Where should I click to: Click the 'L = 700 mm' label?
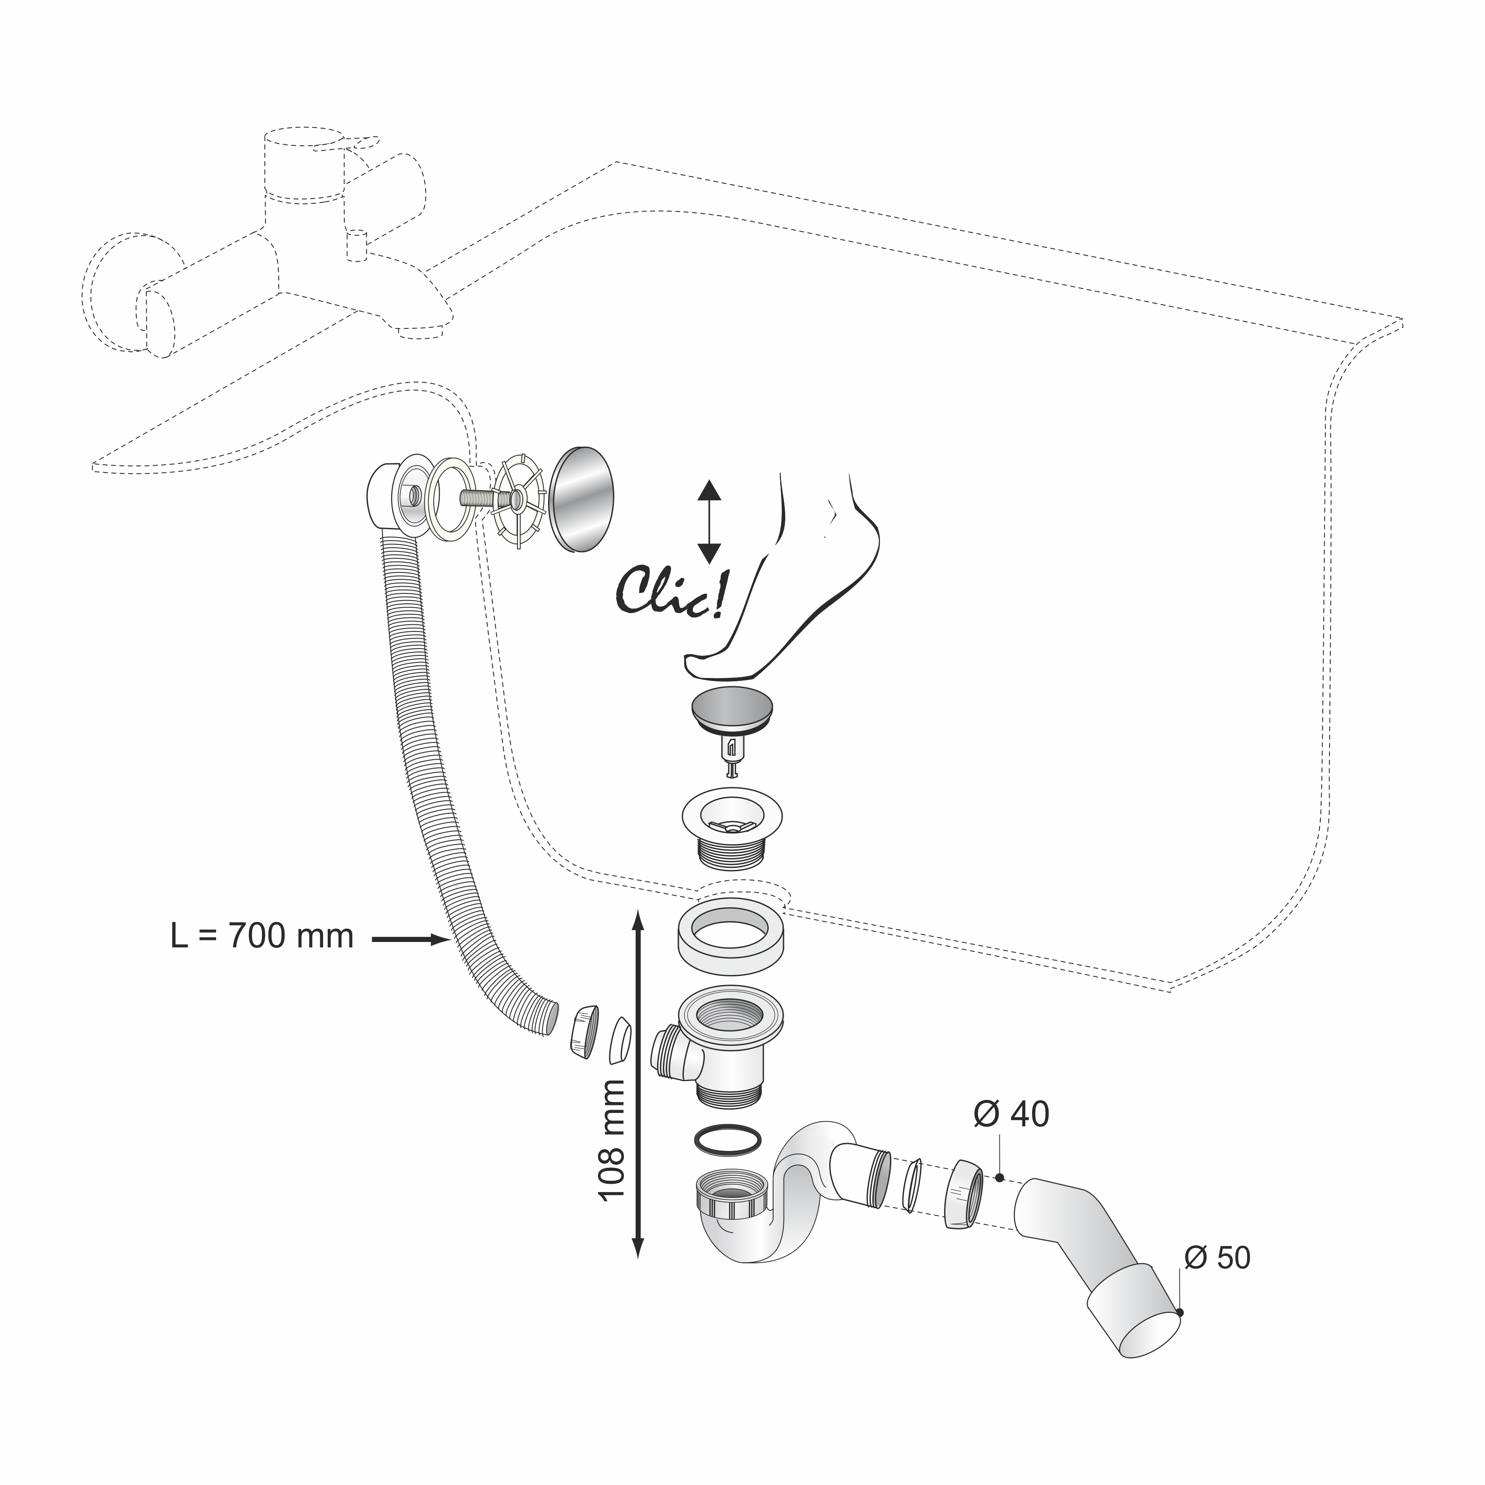pos(262,936)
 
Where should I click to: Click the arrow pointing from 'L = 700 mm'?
pos(411,939)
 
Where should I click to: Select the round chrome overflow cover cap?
pos(582,498)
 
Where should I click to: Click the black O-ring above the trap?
pos(728,1140)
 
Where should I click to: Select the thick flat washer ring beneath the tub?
pos(730,937)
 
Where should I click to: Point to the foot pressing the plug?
pos(784,592)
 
